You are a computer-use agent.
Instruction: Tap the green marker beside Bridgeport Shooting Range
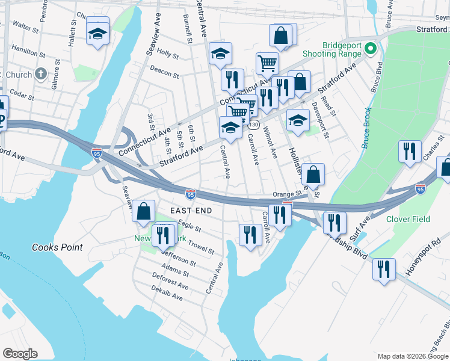(372, 48)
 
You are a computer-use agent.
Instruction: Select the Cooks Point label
(53, 247)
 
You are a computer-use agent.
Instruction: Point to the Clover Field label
(408, 219)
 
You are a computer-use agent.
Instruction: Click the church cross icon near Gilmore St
(40, 75)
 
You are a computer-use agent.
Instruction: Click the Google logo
(20, 354)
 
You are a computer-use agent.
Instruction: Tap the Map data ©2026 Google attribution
(412, 356)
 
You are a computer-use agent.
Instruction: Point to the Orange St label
(286, 194)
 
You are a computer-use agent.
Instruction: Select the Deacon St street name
(164, 73)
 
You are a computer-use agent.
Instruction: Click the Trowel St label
(202, 247)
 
